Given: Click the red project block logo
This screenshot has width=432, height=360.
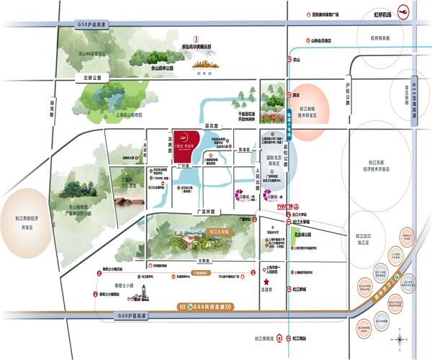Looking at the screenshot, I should (185, 143).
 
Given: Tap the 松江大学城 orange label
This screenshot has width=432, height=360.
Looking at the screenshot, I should (215, 233).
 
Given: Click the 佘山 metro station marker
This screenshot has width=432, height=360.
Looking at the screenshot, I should (292, 59).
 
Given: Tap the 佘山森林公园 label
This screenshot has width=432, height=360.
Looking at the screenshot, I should (166, 68).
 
